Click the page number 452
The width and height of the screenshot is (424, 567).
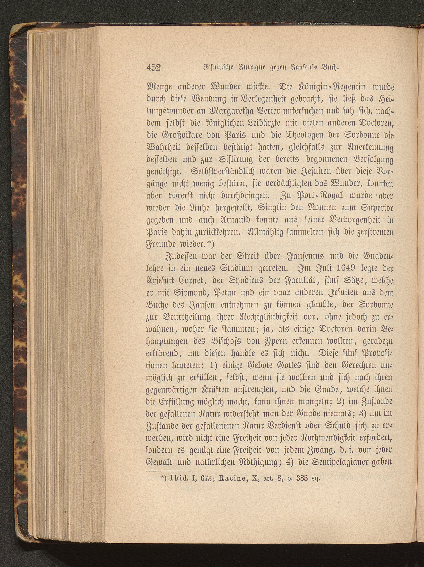pyautogui.click(x=153, y=67)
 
